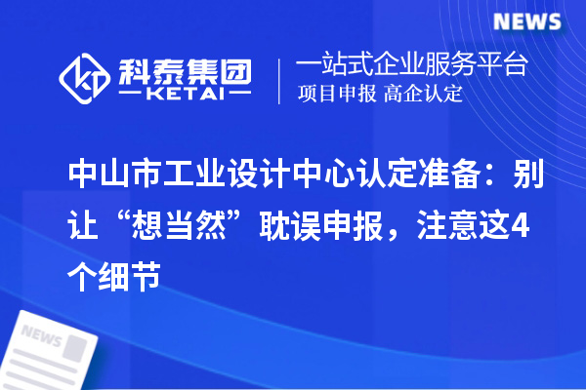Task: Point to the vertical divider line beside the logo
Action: (278, 80)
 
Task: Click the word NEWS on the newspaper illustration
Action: (40, 337)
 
